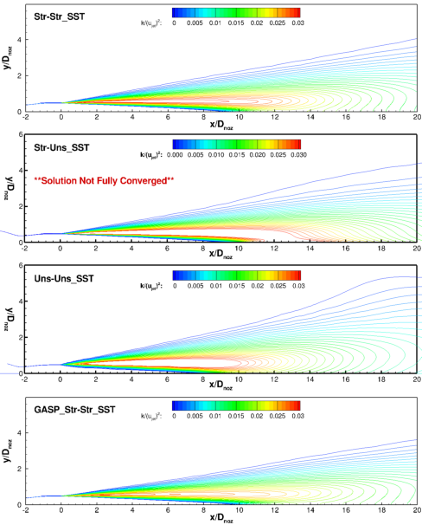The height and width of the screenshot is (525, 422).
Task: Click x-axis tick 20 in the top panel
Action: (416, 119)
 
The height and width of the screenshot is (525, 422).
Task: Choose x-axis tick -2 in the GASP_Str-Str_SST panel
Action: (26, 511)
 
